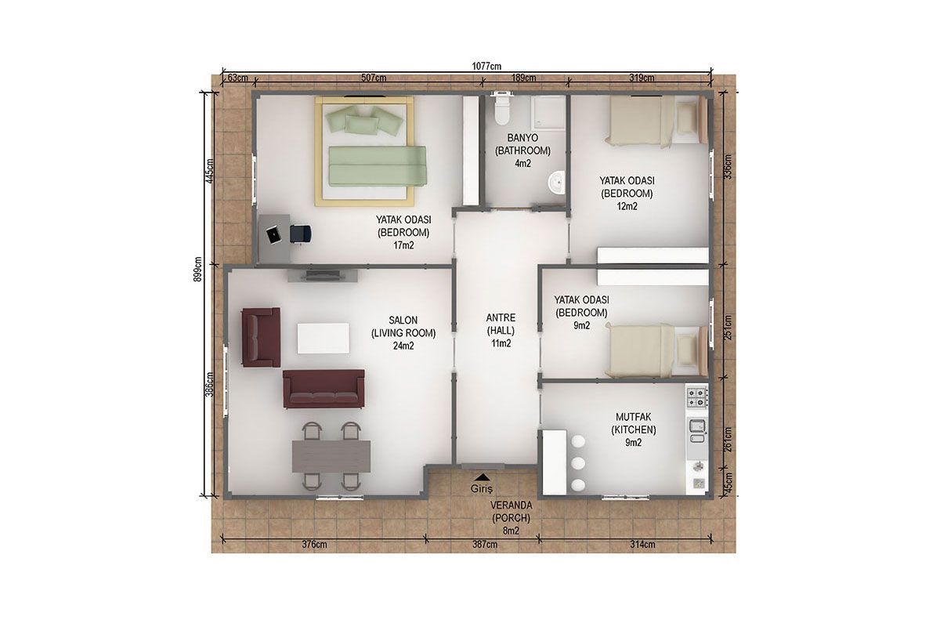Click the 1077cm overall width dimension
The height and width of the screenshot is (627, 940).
coord(486,66)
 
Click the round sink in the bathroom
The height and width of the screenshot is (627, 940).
coord(556,183)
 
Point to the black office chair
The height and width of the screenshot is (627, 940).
coord(301,234)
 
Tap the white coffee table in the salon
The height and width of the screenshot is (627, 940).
coord(323,338)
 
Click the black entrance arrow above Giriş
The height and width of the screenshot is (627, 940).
coord(482,477)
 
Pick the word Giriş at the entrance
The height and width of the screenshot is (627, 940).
coord(481,489)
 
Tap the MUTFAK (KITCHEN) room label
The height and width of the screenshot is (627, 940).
coord(634,423)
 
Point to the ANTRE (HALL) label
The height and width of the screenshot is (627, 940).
coord(501,324)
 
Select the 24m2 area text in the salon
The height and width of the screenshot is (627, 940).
coord(403,346)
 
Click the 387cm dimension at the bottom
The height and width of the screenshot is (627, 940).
coord(485,544)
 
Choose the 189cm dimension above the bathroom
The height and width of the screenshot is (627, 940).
coord(524,78)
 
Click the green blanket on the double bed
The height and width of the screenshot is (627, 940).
coord(378,166)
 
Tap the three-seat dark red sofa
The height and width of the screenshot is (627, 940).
coord(324,389)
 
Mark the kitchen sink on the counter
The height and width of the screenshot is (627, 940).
coord(697,432)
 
